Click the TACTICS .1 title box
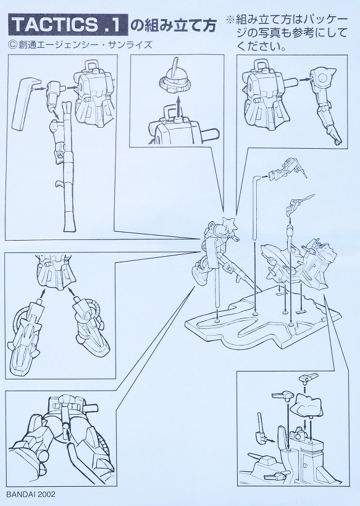pos(68,25)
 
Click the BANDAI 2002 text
pos(31,494)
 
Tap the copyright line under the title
pos(80,45)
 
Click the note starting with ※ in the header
pos(287,33)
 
